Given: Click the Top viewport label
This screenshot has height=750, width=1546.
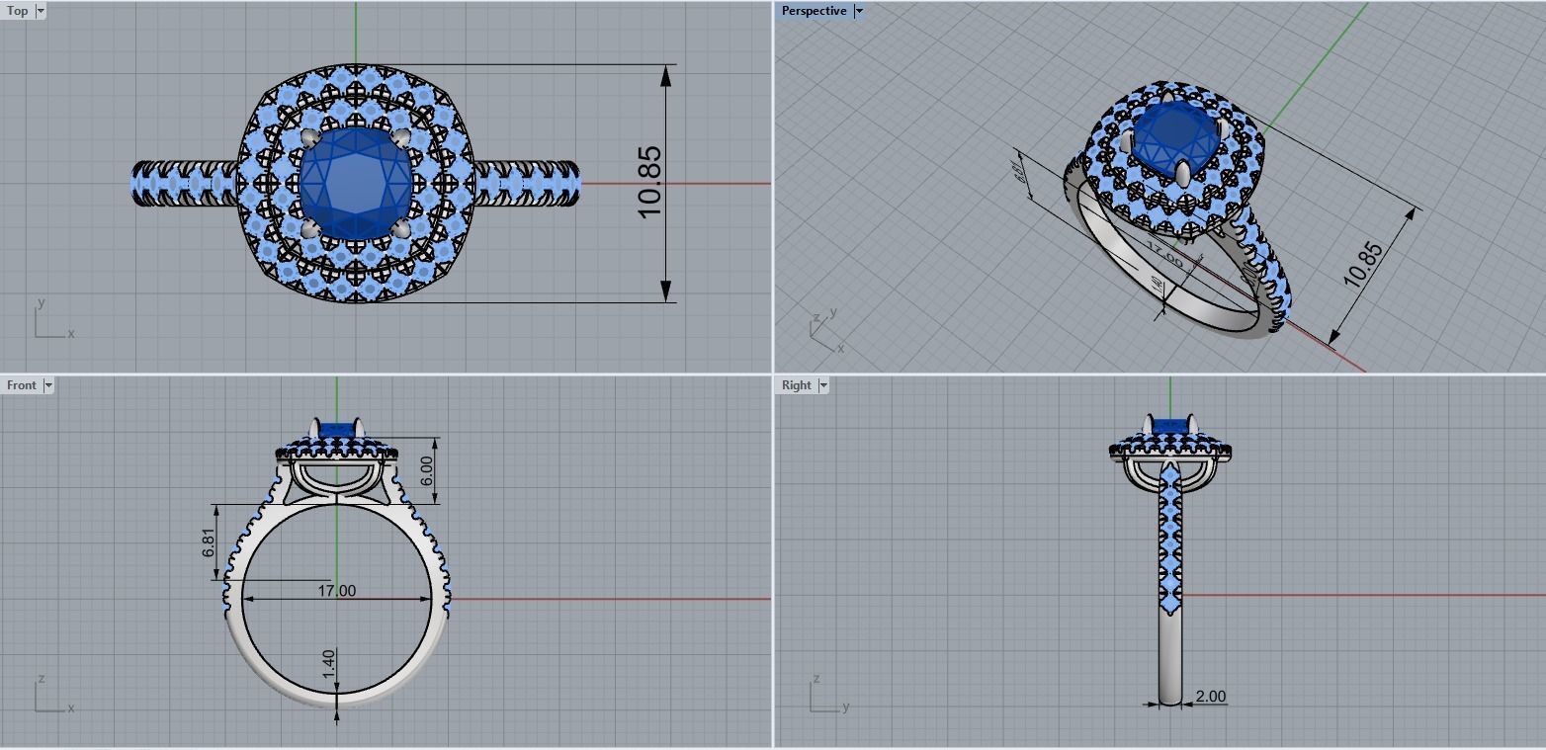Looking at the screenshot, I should [x=17, y=11].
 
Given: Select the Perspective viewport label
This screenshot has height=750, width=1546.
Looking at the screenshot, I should [x=814, y=11].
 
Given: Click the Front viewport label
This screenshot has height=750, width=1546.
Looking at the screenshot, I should [x=21, y=385].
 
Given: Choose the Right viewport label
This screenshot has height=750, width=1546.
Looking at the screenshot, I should [x=796, y=385].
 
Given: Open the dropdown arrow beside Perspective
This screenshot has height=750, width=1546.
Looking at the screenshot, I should [x=859, y=11].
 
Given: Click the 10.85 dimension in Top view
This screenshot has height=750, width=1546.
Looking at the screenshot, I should [x=649, y=183].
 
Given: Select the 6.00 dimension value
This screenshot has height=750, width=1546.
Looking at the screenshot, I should [x=426, y=470].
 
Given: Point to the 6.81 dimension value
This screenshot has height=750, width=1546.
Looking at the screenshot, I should [x=209, y=542].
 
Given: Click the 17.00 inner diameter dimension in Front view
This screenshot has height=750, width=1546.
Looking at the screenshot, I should [x=336, y=591].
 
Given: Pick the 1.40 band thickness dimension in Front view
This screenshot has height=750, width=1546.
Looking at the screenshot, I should [x=328, y=663].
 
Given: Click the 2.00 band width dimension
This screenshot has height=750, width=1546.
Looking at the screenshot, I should [x=1210, y=697].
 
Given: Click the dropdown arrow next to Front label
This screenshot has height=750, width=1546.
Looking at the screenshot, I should [x=47, y=385].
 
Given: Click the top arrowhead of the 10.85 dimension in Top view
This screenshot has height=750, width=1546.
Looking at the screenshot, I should [x=666, y=75].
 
